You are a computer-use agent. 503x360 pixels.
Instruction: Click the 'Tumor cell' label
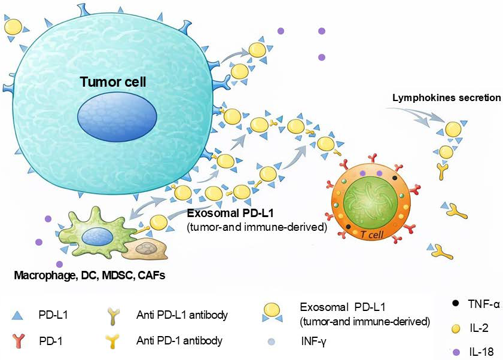[113, 81]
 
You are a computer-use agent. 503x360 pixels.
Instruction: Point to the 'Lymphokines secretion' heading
[446, 97]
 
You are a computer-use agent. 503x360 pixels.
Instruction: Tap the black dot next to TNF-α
[456, 303]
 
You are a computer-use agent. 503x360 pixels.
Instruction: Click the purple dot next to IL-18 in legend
[456, 351]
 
